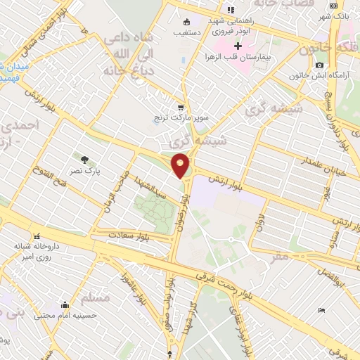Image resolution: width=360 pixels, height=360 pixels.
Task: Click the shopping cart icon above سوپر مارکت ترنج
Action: (x=181, y=108)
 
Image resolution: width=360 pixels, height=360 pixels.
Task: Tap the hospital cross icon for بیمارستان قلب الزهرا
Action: (x=238, y=46)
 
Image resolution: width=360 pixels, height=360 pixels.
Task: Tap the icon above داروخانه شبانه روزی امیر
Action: (x=37, y=236)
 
